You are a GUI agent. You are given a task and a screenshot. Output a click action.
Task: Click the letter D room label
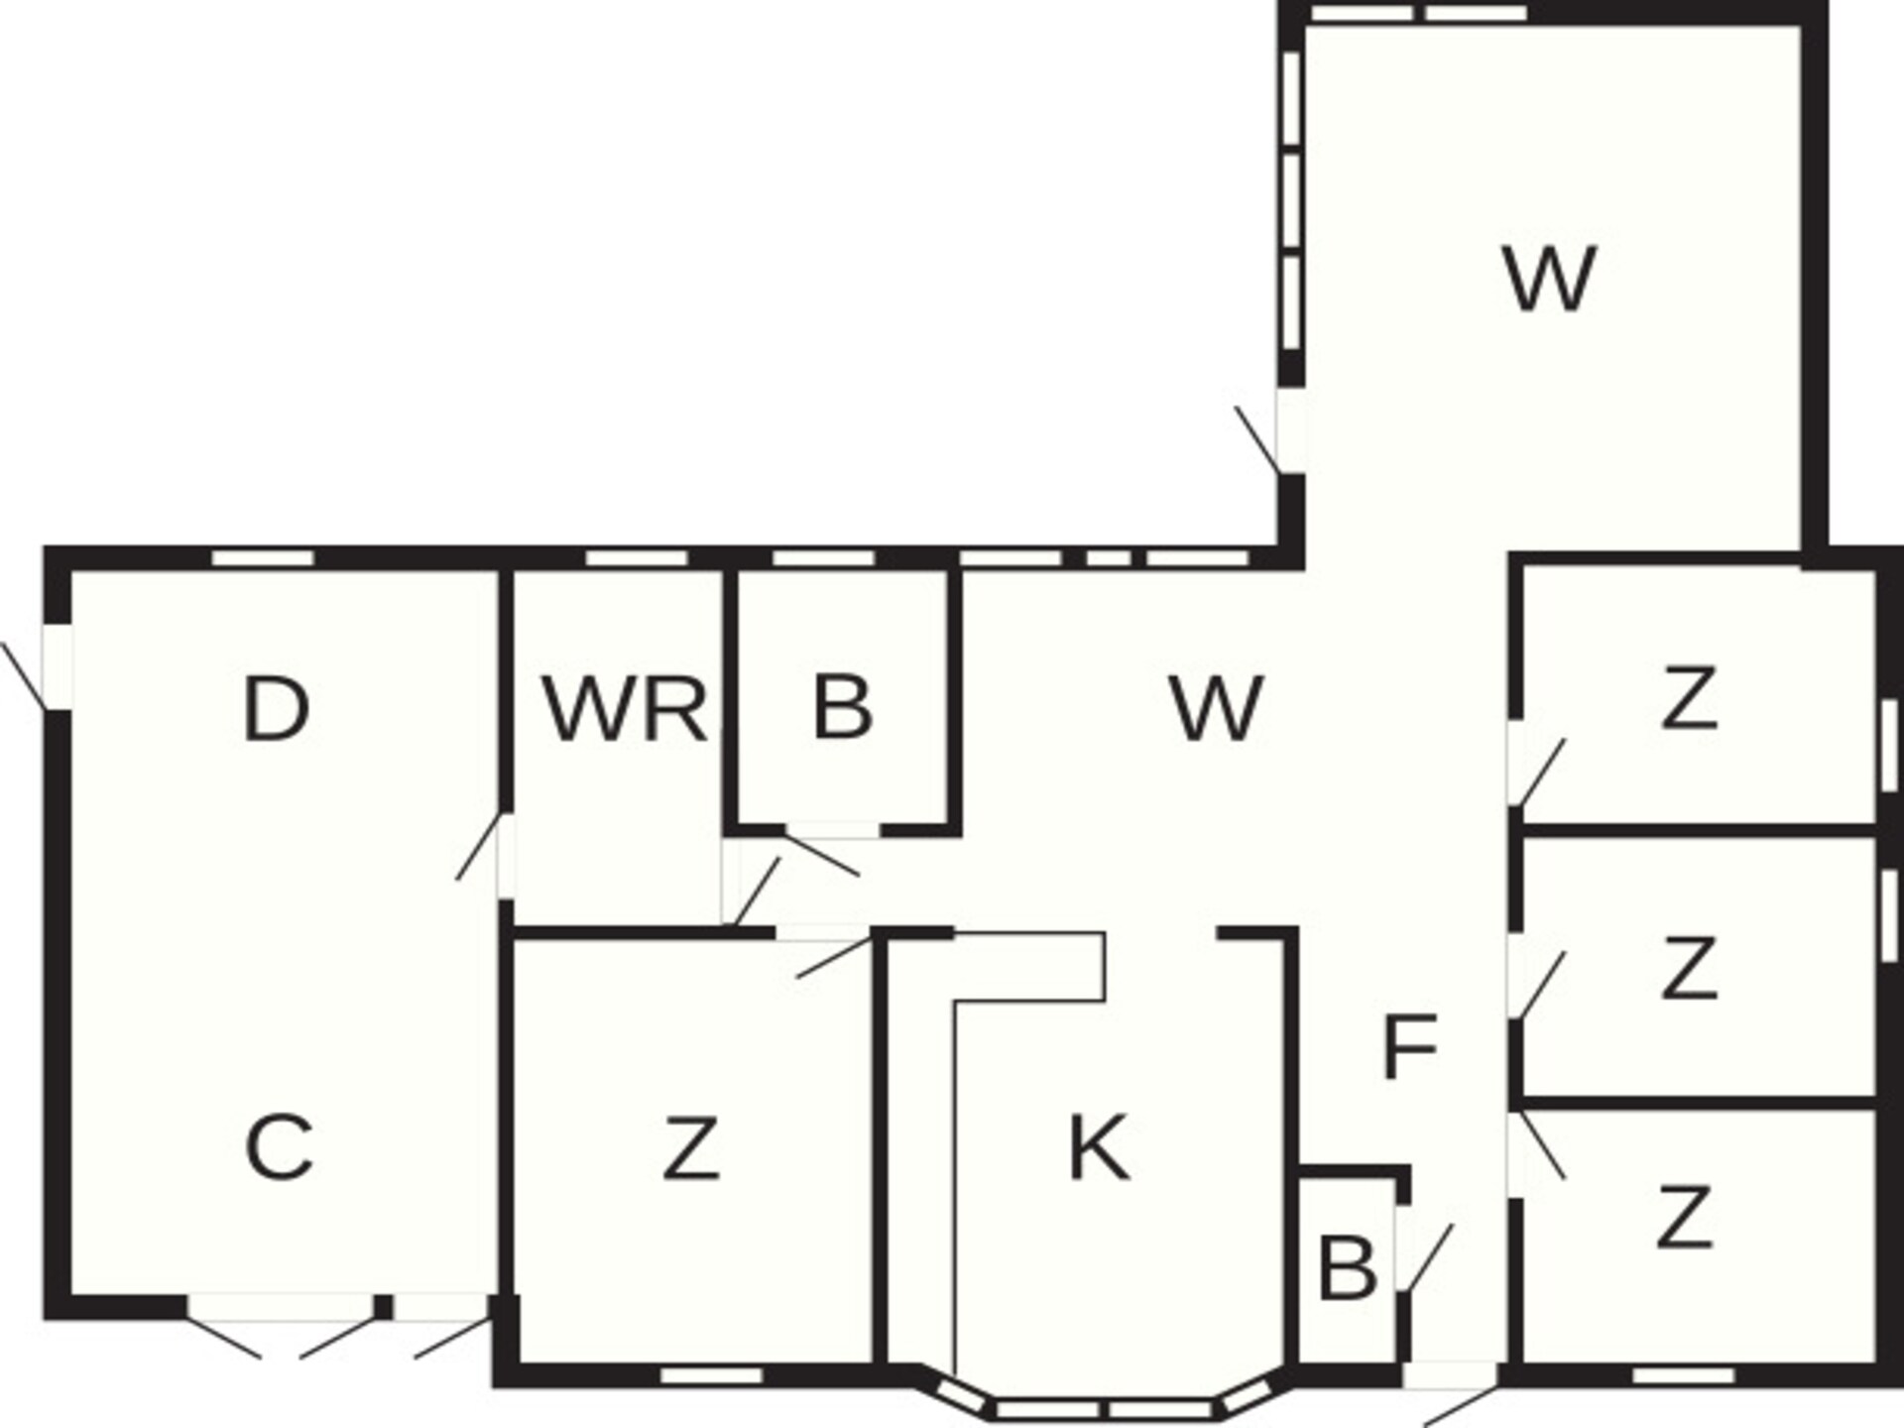[276, 708]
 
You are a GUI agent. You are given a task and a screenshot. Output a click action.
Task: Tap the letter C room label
[279, 1147]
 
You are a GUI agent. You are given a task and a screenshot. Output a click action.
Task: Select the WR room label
[625, 708]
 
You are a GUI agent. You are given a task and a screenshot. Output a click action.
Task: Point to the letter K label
[1100, 1147]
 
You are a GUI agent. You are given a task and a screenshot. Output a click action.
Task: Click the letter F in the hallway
[1409, 1046]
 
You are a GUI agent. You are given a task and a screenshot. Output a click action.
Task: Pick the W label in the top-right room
[1550, 279]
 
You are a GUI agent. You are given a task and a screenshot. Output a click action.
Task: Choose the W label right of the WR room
[1217, 708]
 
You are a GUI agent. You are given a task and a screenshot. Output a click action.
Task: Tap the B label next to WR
[843, 708]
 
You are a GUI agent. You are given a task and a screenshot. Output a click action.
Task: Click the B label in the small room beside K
[1348, 1267]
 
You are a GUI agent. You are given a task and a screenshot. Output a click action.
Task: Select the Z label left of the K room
[691, 1147]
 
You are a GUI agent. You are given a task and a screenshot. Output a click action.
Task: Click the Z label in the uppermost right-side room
[1689, 698]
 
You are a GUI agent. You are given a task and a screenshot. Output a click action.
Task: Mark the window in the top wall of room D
[263, 558]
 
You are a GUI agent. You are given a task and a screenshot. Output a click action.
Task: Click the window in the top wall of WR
[636, 558]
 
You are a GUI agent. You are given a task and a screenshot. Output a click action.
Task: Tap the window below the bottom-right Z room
[1683, 1375]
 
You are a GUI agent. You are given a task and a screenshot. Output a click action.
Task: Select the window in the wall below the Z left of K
[711, 1375]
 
